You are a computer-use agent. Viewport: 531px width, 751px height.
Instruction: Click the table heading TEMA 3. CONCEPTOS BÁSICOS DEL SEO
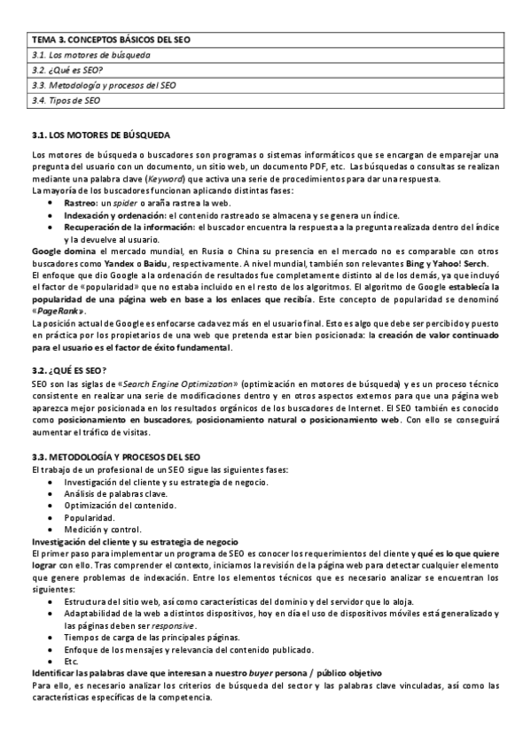coord(110,40)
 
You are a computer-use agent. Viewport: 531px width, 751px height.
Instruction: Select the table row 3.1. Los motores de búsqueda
coord(90,55)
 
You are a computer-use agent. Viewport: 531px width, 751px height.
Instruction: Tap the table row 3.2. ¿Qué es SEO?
coord(67,70)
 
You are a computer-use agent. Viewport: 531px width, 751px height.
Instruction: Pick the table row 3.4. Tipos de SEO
coord(66,101)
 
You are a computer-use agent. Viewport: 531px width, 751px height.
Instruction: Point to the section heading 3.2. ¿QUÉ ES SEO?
coord(69,369)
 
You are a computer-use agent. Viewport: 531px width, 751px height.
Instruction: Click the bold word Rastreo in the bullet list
coord(80,203)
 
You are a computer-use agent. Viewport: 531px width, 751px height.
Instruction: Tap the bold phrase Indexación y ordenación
coord(114,215)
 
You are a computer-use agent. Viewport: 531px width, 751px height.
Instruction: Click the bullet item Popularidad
coord(89,515)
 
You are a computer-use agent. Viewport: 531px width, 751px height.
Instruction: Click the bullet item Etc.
coord(71,661)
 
